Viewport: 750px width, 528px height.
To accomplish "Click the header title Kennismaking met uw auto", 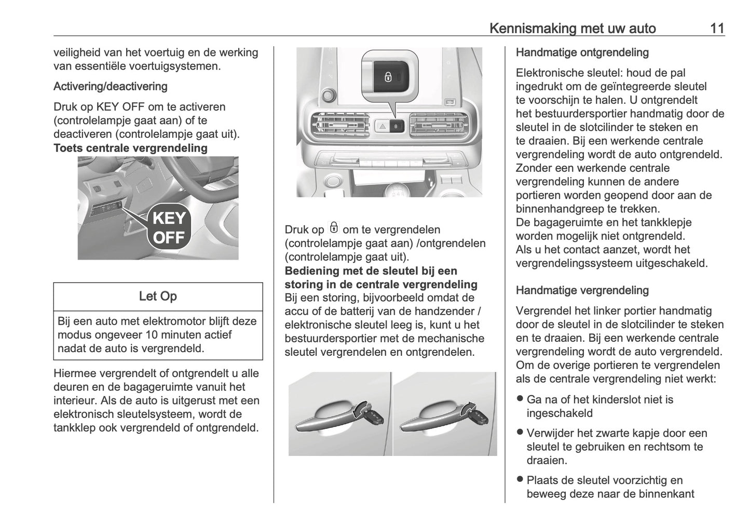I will [x=572, y=28].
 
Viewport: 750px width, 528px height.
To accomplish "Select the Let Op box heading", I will [x=158, y=296].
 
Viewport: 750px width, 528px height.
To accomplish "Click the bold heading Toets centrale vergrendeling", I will [x=130, y=148].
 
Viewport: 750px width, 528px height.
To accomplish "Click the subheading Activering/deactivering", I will [x=110, y=86].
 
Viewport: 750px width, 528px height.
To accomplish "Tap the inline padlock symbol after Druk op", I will [x=334, y=228].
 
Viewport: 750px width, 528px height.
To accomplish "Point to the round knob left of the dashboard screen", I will [x=327, y=94].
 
